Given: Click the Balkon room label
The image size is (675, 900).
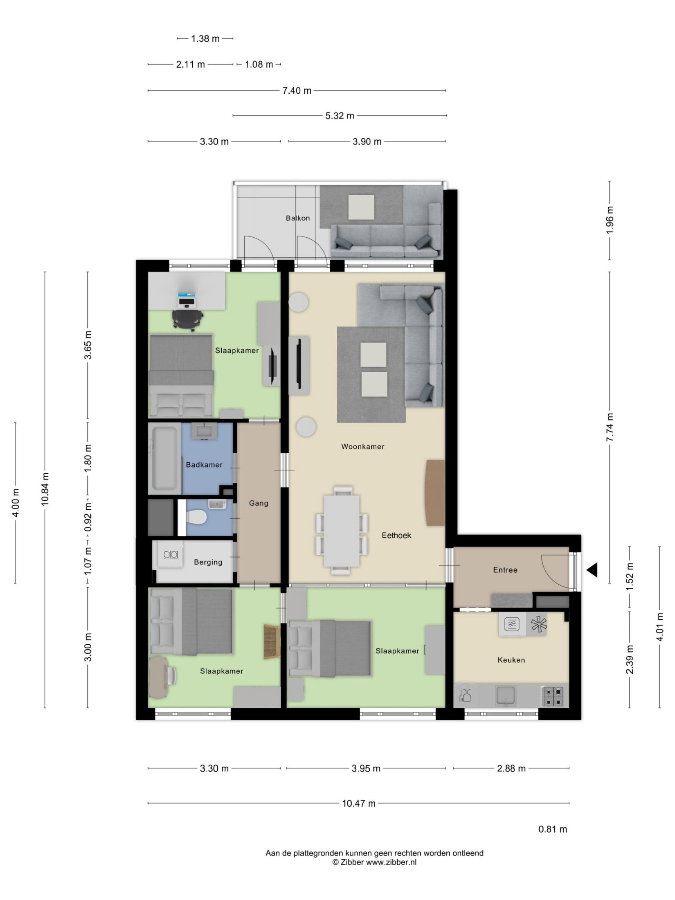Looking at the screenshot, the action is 297,218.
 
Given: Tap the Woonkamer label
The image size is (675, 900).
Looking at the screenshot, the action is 363,447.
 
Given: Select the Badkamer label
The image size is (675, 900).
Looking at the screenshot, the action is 204,465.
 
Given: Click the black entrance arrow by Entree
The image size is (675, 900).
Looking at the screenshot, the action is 592,570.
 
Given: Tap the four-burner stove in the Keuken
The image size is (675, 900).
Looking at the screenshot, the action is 553,697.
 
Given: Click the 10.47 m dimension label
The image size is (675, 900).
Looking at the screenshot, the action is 359,803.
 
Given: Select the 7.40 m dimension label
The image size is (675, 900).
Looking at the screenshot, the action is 297,90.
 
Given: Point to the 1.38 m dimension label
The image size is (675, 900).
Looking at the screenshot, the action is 205,38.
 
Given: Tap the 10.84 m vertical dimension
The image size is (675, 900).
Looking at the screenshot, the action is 45,489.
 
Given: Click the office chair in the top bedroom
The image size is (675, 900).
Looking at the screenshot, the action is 187,319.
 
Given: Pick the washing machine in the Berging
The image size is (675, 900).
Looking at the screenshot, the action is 171,555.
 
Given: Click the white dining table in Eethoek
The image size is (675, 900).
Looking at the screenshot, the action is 342,531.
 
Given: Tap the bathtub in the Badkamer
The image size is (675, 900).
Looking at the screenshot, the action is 165,458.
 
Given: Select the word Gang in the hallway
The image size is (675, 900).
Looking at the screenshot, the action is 259,503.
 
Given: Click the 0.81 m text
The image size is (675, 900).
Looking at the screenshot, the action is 553,829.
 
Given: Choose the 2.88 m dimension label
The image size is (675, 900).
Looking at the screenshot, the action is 511,769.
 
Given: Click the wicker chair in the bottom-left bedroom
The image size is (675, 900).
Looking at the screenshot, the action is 272,642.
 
